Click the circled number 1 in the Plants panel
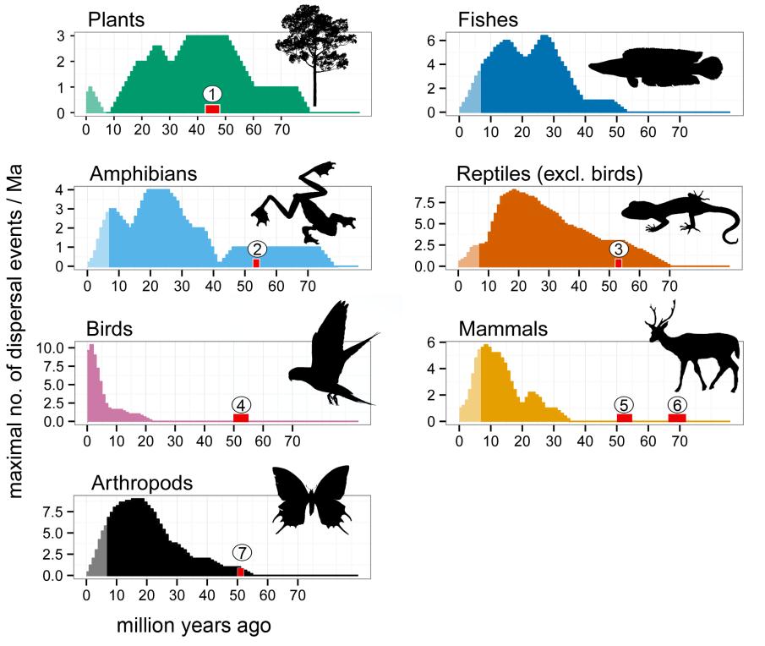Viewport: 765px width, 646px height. (213, 93)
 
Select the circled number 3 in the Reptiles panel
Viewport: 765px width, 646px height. (619, 249)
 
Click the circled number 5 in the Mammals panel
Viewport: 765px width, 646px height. (624, 404)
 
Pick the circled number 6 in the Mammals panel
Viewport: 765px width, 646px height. (677, 404)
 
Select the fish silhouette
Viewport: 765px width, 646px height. (656, 69)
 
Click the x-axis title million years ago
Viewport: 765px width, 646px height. (194, 627)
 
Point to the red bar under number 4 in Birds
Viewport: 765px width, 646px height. (241, 418)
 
